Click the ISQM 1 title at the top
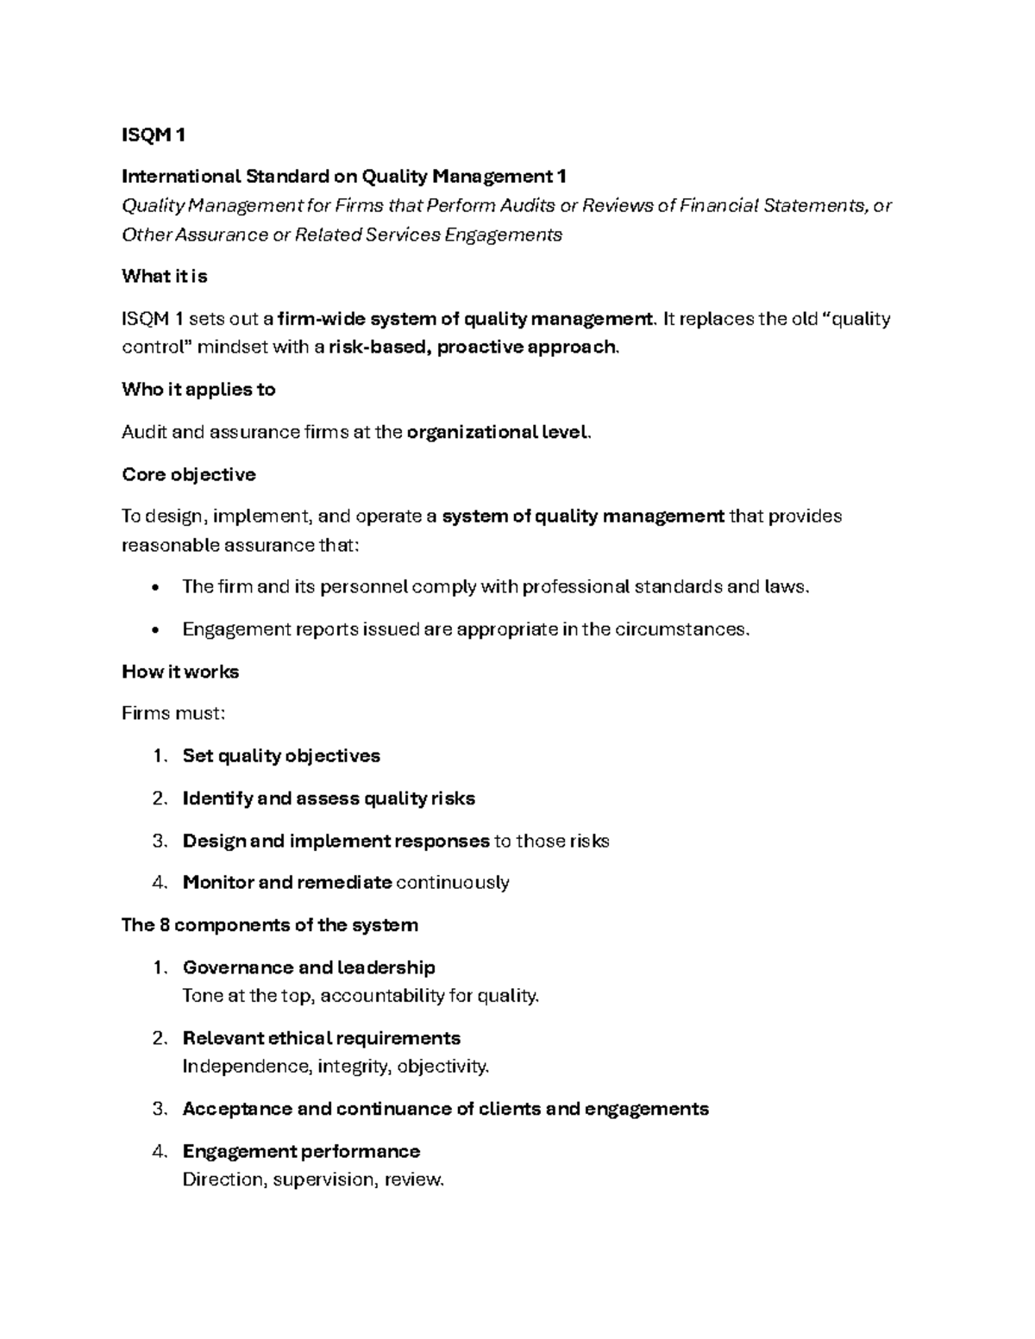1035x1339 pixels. pos(154,135)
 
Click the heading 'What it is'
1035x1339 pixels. pos(165,277)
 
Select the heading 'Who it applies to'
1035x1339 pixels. pos(198,390)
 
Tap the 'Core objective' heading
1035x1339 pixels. pos(189,475)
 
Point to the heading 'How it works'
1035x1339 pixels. pos(180,673)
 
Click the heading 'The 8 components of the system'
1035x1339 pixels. pos(269,925)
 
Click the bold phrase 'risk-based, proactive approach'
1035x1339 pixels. pos(474,347)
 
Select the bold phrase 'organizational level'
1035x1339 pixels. pos(498,432)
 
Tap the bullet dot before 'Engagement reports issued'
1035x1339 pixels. pos(154,630)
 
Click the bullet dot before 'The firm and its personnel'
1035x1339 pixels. pos(154,588)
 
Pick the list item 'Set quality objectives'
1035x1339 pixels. pos(281,756)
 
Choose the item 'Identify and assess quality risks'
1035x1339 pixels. pos(329,798)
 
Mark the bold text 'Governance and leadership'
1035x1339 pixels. pos(309,967)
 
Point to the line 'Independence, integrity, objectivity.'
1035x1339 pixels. pos(336,1067)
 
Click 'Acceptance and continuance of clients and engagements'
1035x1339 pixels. pos(445,1109)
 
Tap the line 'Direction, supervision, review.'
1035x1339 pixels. pos(313,1179)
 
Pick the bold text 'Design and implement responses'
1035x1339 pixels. pos(336,841)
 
